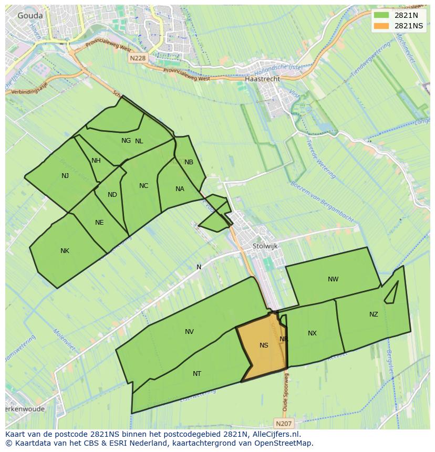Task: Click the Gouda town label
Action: (x=30, y=16)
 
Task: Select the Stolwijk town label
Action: (x=265, y=246)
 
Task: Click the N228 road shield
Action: (x=137, y=58)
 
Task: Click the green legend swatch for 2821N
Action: (x=381, y=16)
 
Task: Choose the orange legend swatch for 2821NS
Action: (x=381, y=26)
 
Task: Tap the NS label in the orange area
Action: (x=264, y=345)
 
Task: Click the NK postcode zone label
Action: (x=65, y=251)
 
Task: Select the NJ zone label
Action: (x=65, y=175)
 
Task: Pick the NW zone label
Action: (x=333, y=279)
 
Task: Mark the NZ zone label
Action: (x=374, y=314)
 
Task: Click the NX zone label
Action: (x=312, y=333)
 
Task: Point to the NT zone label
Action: (x=197, y=374)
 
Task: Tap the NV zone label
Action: (x=189, y=331)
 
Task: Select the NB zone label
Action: (x=189, y=162)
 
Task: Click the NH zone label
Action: (x=96, y=161)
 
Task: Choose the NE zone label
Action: (x=99, y=223)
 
